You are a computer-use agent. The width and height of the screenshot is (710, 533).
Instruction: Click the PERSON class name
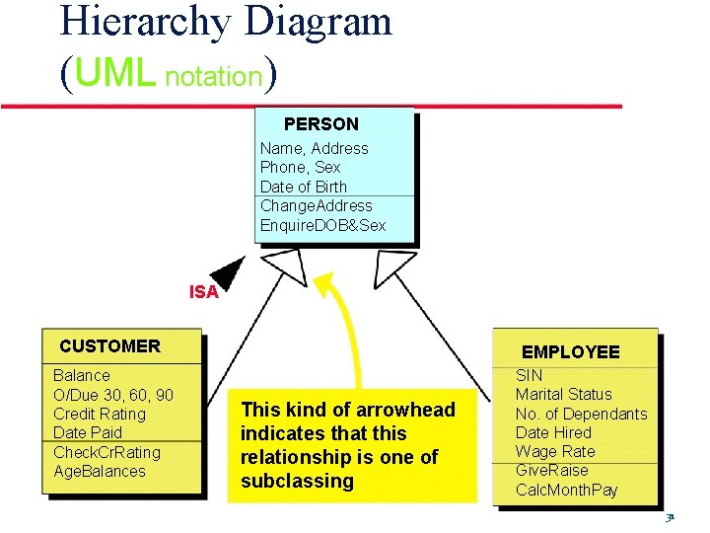[x=321, y=124]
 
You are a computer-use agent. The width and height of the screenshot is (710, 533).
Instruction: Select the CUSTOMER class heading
[x=109, y=346]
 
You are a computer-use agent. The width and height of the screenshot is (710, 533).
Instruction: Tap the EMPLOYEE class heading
[x=571, y=352]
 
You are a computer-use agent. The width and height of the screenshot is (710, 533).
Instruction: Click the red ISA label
[x=203, y=292]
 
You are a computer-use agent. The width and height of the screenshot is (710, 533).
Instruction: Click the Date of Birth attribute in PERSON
[x=304, y=187]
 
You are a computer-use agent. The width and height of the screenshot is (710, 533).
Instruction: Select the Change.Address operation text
[x=317, y=206]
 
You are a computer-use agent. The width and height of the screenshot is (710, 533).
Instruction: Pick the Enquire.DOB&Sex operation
[x=323, y=226]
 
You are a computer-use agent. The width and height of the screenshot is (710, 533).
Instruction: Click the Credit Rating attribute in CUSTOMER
[x=100, y=414]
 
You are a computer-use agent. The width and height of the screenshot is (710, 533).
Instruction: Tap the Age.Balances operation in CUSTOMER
[x=100, y=472]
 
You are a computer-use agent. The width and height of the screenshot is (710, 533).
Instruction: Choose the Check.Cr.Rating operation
[x=106, y=452]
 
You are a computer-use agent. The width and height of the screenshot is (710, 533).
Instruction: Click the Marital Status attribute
[x=563, y=394]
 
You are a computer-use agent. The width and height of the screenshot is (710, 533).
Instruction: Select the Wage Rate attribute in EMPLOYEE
[x=555, y=451]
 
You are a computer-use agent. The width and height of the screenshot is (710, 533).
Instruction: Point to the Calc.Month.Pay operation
[x=567, y=491]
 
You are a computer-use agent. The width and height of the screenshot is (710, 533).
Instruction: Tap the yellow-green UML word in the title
[x=114, y=73]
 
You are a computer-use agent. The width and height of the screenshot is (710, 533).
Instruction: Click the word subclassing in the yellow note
[x=297, y=482]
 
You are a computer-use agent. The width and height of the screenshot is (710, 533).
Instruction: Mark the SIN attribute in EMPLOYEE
[x=530, y=375]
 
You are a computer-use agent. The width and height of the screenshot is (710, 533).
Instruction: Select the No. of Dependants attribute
[x=582, y=414]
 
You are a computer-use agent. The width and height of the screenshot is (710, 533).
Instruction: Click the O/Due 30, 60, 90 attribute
[x=113, y=395]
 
